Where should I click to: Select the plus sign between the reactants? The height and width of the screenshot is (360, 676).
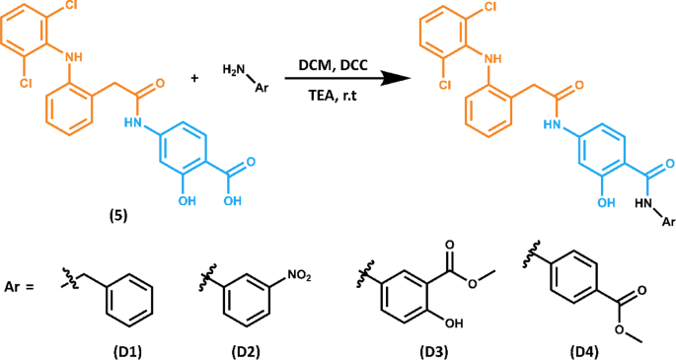pos(194,77)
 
